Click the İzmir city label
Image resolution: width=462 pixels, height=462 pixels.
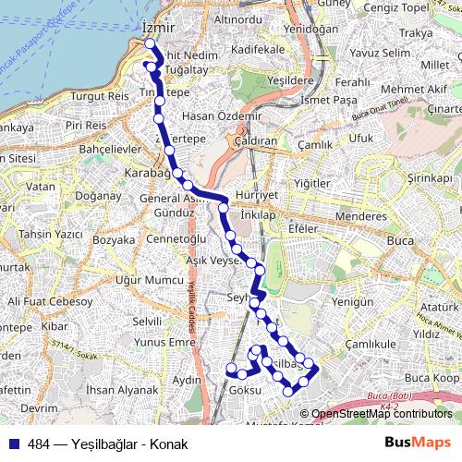pos(159,29)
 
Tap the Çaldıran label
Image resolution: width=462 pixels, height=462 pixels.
pos(256,143)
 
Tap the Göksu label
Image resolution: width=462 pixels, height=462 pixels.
pos(245,391)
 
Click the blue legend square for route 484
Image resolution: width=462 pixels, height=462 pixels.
pos(14,444)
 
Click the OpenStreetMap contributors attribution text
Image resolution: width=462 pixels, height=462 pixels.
pos(381,414)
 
